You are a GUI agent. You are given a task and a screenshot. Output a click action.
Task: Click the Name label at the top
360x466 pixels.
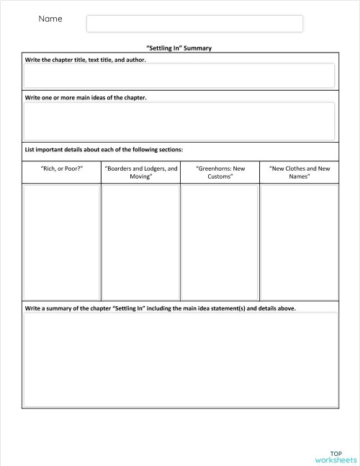(x=50, y=19)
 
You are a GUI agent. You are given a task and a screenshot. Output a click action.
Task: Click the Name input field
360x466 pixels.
(x=194, y=24)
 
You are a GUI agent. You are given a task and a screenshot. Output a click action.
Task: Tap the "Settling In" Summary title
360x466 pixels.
(x=179, y=48)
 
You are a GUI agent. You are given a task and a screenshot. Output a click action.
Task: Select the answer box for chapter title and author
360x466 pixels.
(x=179, y=76)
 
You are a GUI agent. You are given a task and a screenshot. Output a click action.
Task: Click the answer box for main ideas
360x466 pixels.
(x=179, y=121)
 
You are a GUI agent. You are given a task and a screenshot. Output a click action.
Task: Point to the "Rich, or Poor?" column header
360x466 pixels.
(x=62, y=169)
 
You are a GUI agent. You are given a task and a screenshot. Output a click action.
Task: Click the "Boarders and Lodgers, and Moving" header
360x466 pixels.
(x=140, y=172)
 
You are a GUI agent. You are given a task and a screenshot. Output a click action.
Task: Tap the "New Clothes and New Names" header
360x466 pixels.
(x=299, y=172)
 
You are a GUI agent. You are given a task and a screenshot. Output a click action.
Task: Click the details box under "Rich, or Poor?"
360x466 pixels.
(x=61, y=241)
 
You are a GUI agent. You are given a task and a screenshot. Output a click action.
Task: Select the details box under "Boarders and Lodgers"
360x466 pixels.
(x=140, y=241)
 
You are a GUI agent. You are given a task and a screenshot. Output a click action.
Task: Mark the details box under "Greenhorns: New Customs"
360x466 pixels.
(x=220, y=241)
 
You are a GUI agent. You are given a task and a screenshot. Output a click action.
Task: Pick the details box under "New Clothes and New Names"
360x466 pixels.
(x=299, y=241)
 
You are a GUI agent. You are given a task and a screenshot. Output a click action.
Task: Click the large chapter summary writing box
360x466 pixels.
(x=179, y=359)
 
